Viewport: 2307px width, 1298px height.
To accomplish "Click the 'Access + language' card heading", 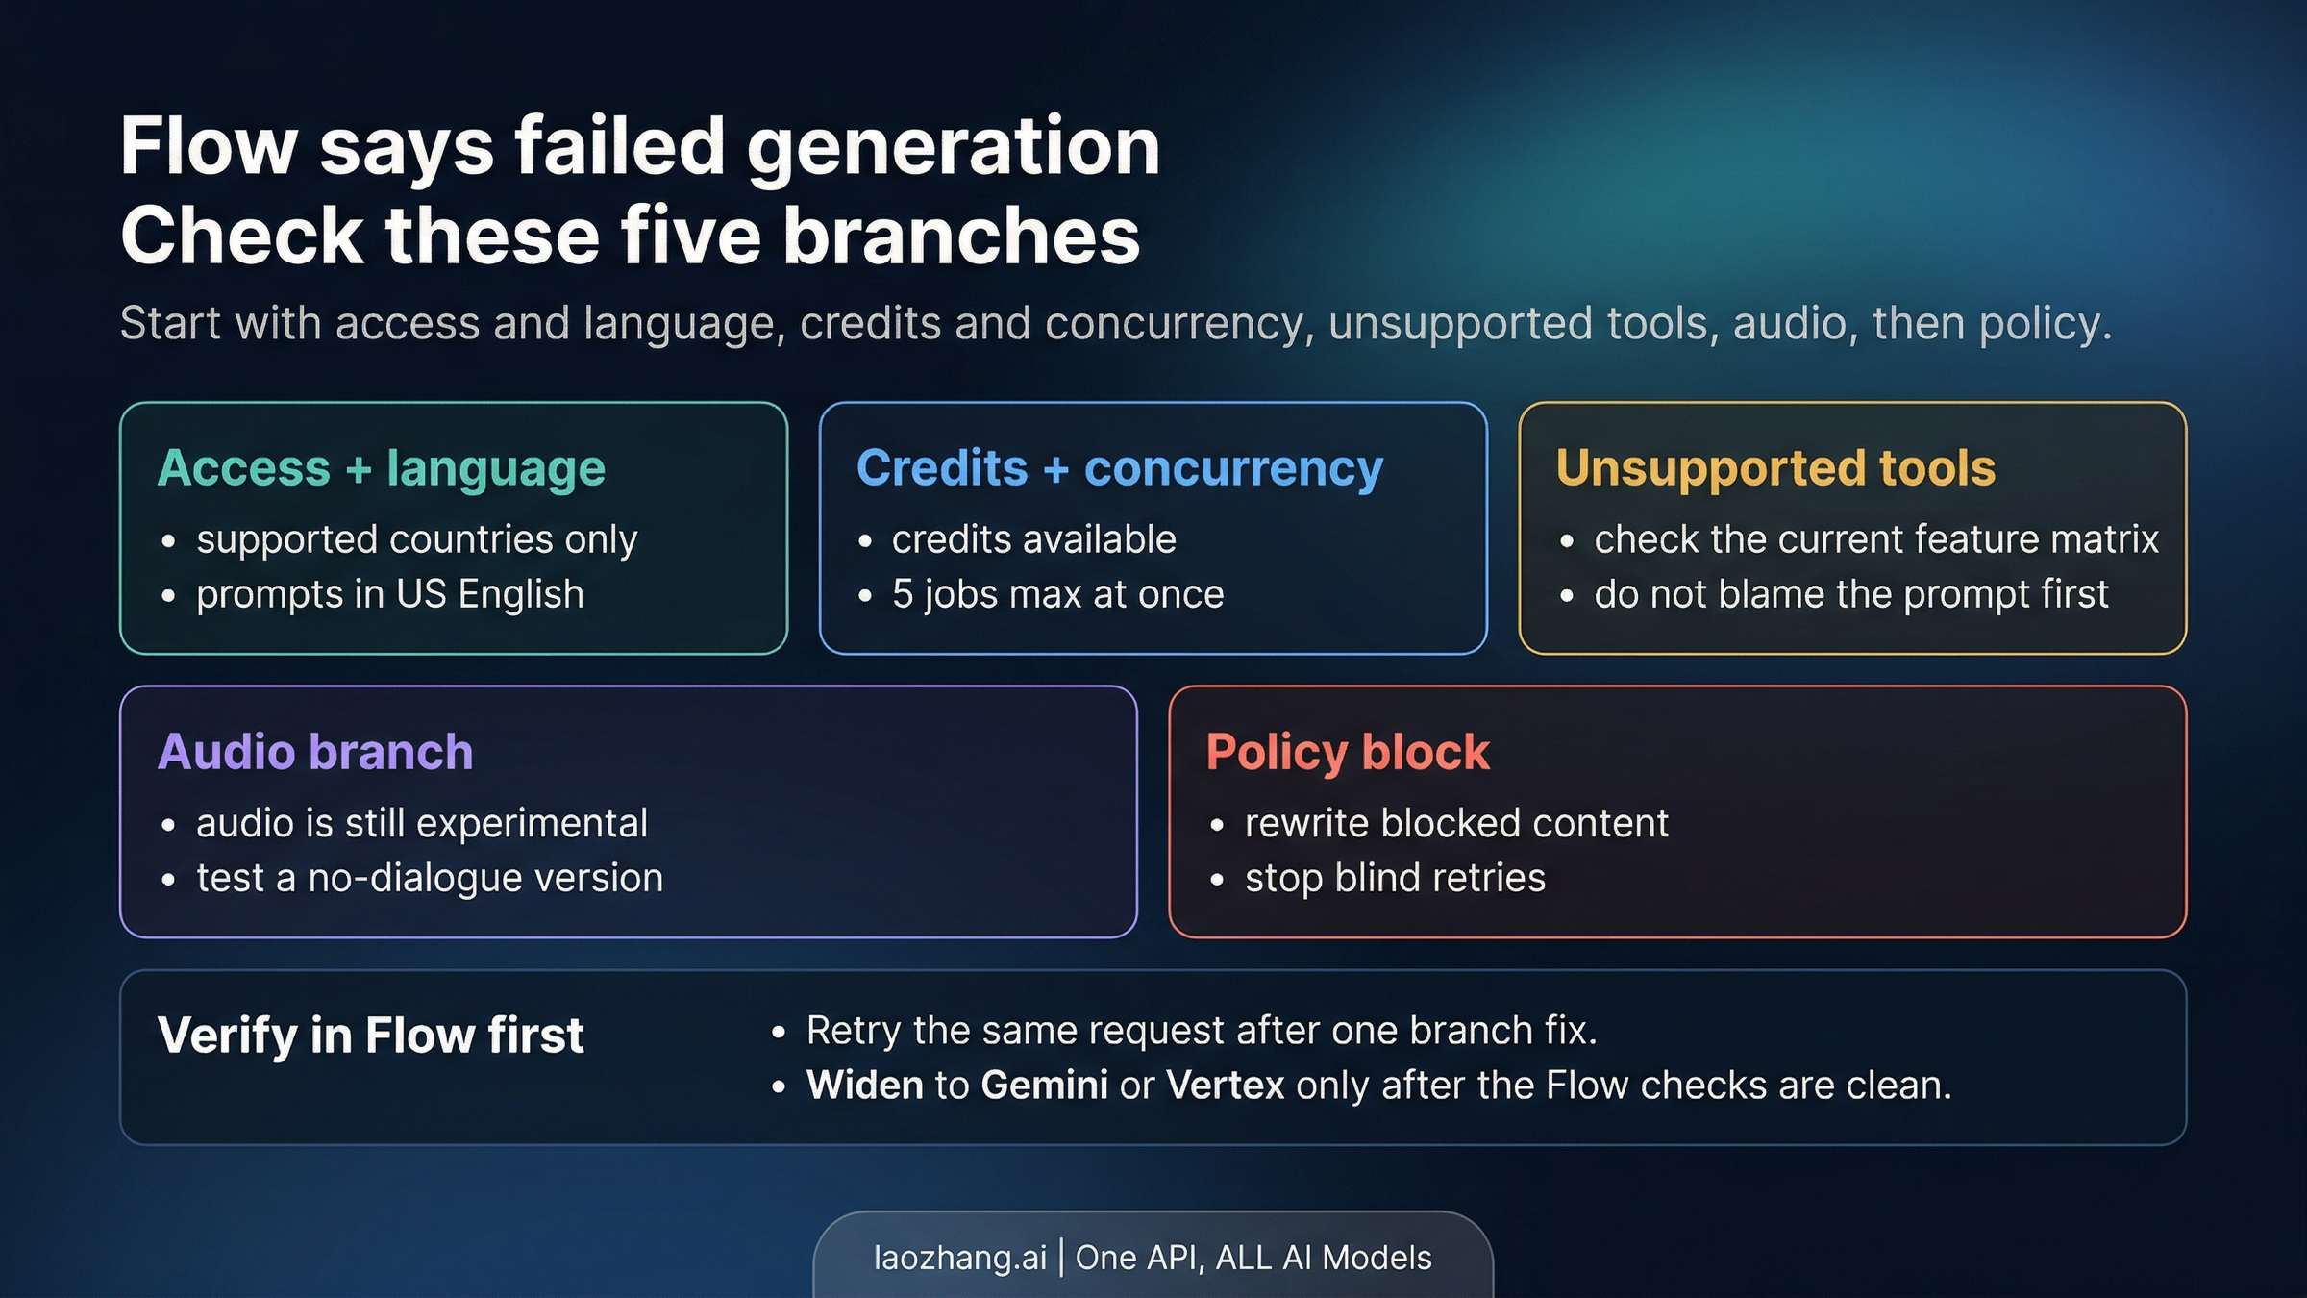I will coord(381,469).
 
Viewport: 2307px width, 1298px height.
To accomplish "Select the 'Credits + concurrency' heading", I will coord(1119,469).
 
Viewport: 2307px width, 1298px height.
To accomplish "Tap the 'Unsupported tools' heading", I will coord(1775,469).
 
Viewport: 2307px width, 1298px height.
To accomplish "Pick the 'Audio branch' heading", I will coord(315,752).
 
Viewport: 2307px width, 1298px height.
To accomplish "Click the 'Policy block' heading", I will coord(1348,752).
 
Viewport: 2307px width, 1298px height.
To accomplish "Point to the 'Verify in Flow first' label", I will coord(370,1036).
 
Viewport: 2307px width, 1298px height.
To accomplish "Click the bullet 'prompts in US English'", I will coord(389,594).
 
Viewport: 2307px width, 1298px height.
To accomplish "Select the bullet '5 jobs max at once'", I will coord(1057,594).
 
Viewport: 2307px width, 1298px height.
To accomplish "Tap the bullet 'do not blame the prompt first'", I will coord(1850,594).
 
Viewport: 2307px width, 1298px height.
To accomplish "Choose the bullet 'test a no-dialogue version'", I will coord(429,878).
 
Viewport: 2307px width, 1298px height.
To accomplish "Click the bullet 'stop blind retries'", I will coord(1394,878).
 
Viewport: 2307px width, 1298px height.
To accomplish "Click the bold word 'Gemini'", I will coord(1044,1086).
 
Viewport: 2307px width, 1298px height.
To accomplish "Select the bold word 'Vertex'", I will coord(1225,1086).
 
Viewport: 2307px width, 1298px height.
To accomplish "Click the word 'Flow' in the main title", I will coord(209,146).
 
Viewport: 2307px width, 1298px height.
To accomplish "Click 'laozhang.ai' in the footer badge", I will coord(959,1258).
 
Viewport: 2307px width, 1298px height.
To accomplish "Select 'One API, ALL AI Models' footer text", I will coord(1253,1258).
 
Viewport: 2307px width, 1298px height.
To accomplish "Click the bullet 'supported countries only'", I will coord(416,539).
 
